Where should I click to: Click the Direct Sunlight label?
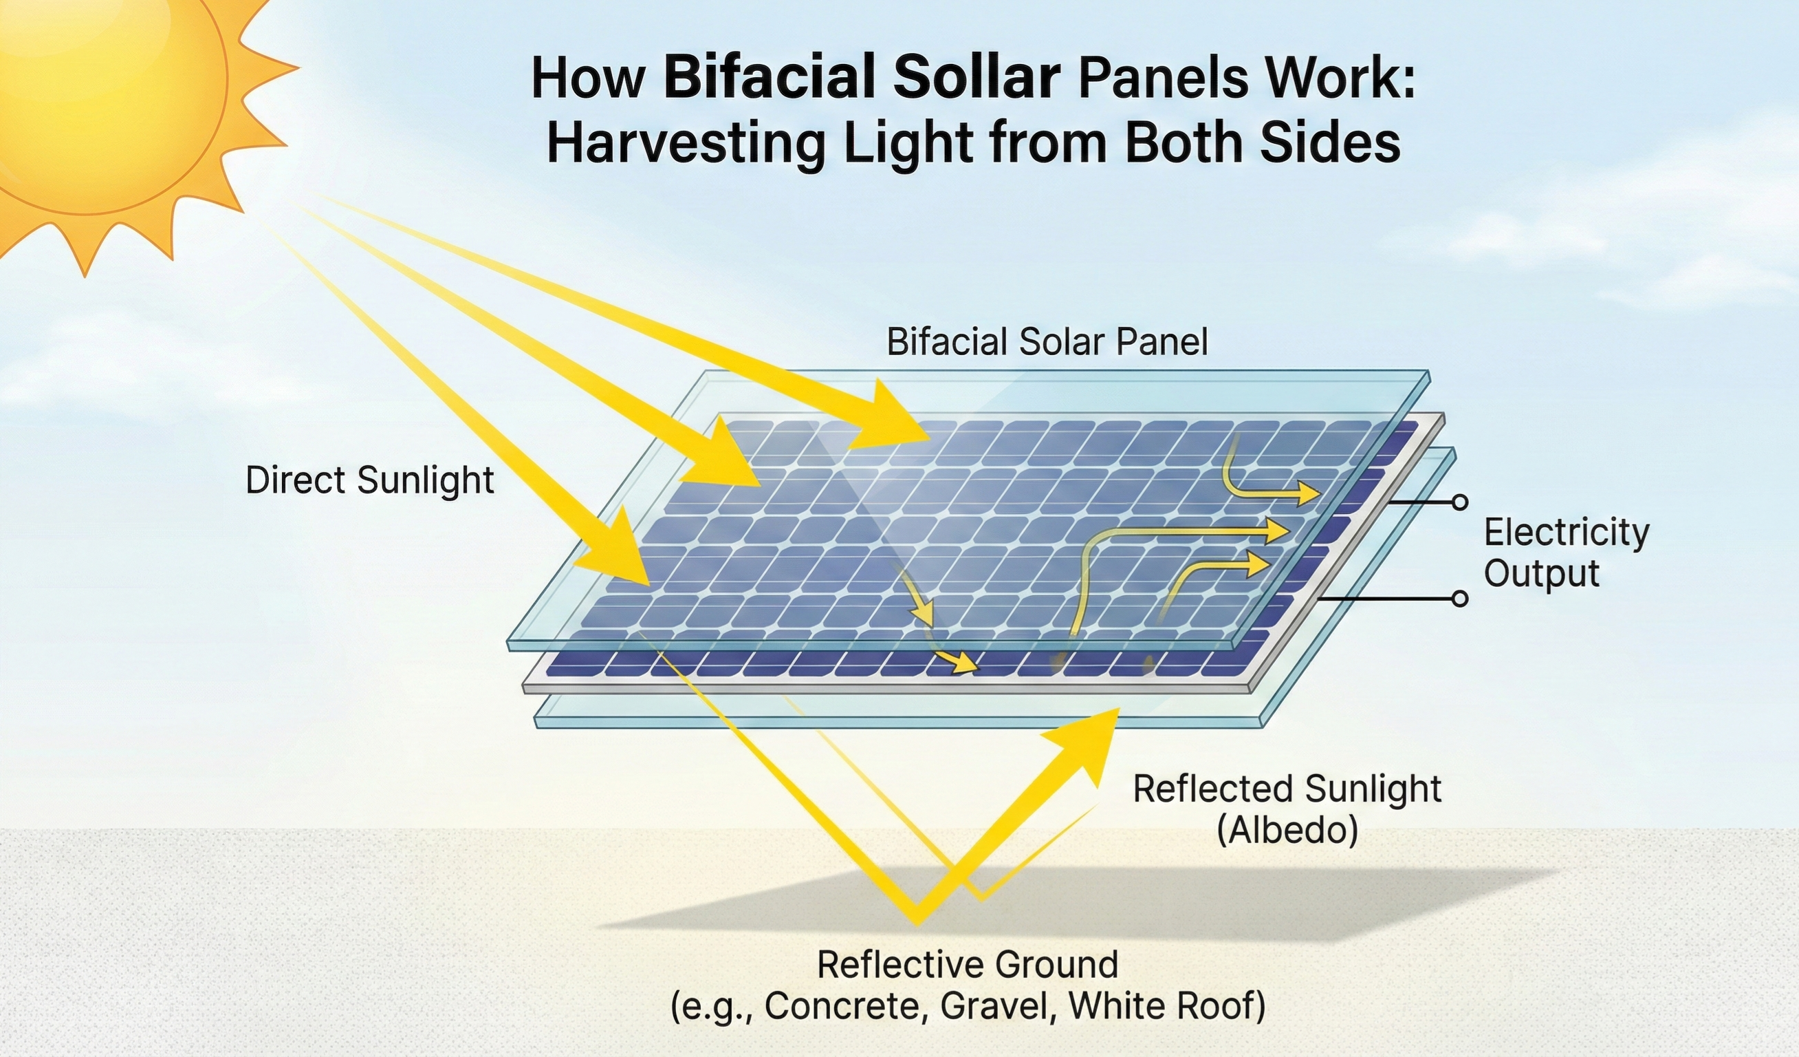370,480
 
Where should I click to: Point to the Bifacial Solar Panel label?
1047,342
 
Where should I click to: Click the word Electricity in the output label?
1567,533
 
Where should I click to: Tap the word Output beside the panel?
1541,574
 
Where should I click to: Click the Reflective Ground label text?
967,965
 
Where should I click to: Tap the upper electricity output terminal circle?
1460,503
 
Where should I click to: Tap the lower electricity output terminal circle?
1460,599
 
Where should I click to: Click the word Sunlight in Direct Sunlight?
426,480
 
